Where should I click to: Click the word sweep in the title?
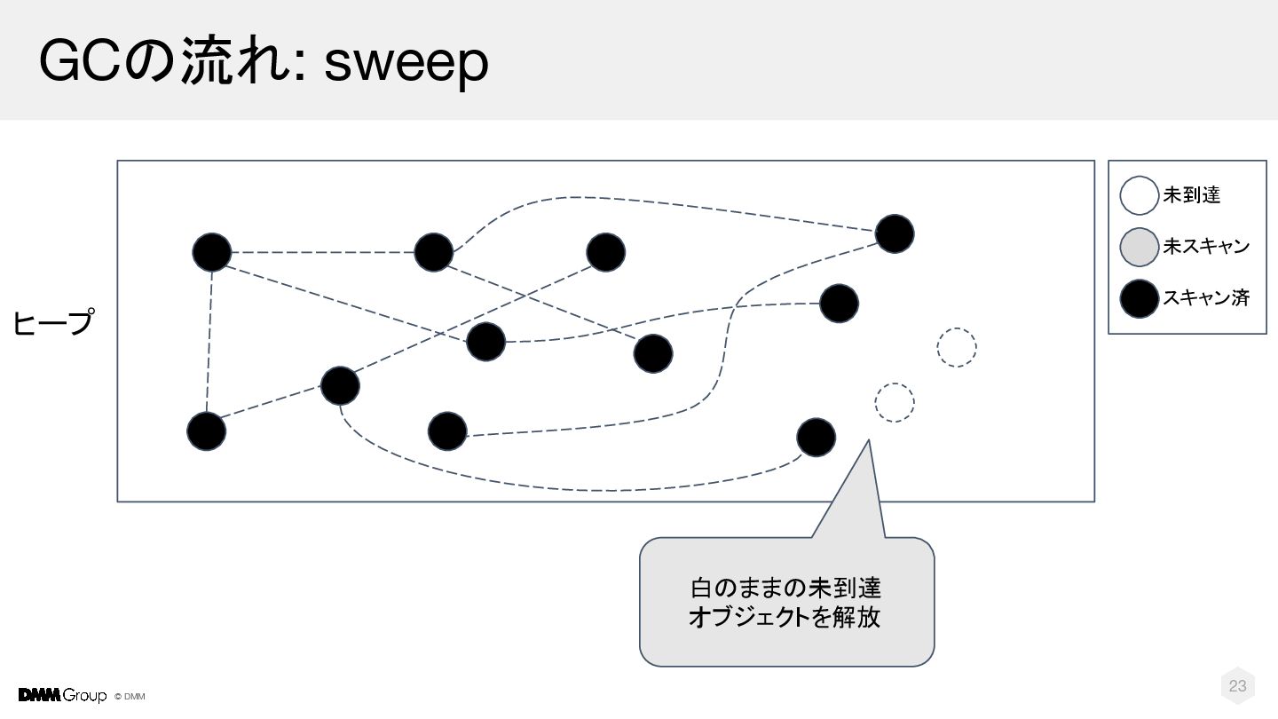[x=406, y=63]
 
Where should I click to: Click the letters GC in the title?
[x=81, y=60]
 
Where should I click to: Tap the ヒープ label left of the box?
[x=53, y=323]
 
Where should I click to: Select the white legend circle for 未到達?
[x=1139, y=195]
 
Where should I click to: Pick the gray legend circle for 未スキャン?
[x=1139, y=247]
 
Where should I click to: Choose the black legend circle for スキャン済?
[x=1139, y=298]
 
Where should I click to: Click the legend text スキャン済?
[x=1206, y=298]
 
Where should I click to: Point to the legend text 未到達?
[x=1191, y=195]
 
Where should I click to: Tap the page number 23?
[x=1237, y=686]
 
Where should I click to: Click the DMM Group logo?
[x=62, y=696]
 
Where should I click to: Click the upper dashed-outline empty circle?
[x=957, y=348]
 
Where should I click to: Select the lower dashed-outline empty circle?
[x=895, y=403]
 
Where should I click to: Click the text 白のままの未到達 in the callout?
[x=785, y=588]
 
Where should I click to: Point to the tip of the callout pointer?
[x=868, y=440]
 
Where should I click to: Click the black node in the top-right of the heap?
[x=895, y=234]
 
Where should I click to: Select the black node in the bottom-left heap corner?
[x=207, y=431]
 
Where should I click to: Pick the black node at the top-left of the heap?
[x=211, y=252]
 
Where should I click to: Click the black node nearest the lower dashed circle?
[x=816, y=438]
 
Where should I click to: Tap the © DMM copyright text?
[x=130, y=697]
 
